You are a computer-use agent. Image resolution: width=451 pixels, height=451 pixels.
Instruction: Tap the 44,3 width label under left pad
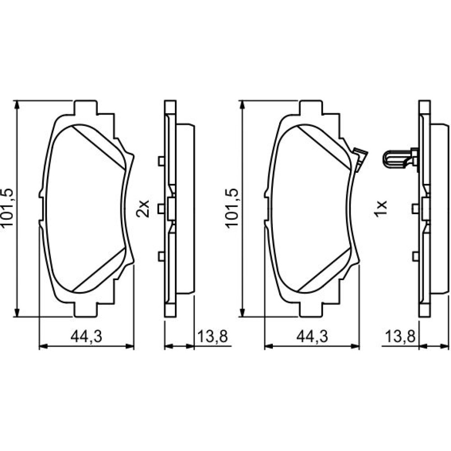[87, 336]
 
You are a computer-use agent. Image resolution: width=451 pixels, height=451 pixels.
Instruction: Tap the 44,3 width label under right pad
[312, 336]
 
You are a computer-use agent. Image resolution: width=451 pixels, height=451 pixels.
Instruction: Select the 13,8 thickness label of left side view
[212, 336]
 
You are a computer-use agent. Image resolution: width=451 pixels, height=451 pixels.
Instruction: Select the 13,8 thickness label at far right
[400, 336]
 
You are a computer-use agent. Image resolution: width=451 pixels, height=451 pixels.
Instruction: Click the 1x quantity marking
[380, 208]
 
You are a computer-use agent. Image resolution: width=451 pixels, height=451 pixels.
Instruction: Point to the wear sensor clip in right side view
[400, 159]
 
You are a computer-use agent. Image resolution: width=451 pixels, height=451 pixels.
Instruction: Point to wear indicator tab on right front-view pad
[360, 159]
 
